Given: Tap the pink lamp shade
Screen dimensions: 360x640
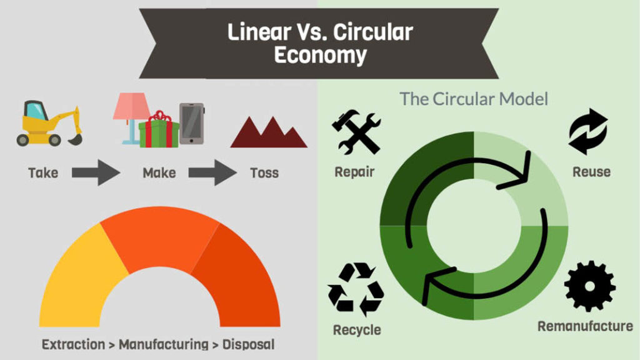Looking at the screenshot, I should (x=130, y=106).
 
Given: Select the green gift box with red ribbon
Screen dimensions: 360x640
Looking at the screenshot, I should (x=159, y=131).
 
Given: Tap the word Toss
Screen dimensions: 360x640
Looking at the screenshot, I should (x=264, y=172).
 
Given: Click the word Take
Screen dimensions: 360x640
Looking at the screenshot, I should (x=43, y=172).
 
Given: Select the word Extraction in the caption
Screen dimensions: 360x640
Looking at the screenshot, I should (x=74, y=344).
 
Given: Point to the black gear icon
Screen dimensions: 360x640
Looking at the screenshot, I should (x=589, y=286).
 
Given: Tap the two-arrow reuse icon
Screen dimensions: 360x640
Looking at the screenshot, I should (x=588, y=132).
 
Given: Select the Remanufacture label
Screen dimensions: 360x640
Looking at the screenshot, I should (x=585, y=326).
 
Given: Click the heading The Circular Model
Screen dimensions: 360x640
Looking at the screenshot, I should (x=474, y=99).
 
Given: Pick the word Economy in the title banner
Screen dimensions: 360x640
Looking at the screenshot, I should (x=320, y=55).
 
